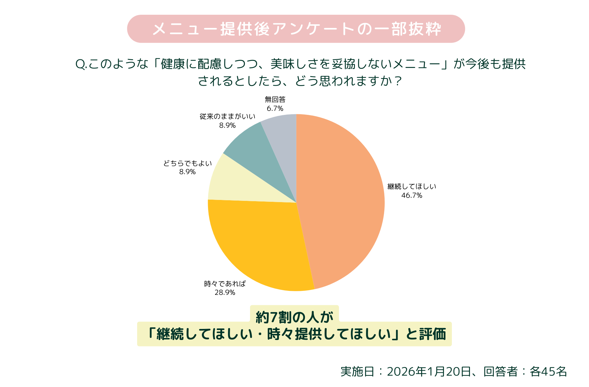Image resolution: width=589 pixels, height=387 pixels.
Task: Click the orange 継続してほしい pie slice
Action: [x=341, y=200]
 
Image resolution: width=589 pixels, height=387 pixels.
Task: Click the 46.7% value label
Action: [x=412, y=196]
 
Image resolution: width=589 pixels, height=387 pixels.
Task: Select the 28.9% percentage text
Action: [x=225, y=293]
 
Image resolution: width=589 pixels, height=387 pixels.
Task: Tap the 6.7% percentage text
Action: [x=275, y=109]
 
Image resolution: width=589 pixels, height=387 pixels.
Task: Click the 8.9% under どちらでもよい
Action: [x=187, y=172]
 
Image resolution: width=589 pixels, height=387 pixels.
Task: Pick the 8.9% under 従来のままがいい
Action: [x=227, y=126]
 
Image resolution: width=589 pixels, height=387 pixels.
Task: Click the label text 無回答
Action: [x=275, y=100]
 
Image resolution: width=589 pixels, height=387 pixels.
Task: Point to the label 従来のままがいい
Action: [x=227, y=117]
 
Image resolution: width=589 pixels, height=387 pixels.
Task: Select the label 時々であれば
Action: [x=225, y=284]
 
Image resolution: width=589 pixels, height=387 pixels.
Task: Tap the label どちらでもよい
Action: [x=187, y=163]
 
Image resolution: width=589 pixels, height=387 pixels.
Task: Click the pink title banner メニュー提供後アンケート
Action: [x=296, y=29]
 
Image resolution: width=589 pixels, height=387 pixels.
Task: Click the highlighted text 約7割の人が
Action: [x=294, y=317]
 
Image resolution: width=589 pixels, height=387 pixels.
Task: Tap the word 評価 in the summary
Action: [x=433, y=334]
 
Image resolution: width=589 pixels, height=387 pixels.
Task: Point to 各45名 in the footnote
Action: [x=548, y=372]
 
